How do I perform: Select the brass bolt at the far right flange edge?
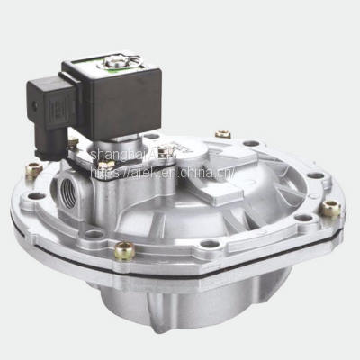coord(330,209)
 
